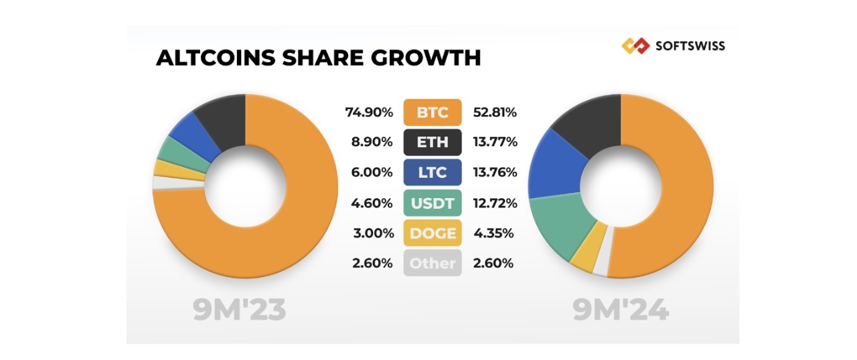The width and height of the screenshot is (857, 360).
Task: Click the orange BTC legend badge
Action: tap(433, 112)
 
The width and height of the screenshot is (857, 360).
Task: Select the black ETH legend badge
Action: tap(433, 143)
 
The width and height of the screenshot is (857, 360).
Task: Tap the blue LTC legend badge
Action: tap(433, 173)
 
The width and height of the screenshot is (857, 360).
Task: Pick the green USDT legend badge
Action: tap(433, 203)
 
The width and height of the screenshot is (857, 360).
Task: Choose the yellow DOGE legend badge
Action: tap(433, 233)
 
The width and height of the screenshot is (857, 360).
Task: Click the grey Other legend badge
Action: tap(433, 263)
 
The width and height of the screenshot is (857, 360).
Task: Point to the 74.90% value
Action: tap(369, 112)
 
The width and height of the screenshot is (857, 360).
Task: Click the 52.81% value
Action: tap(495, 112)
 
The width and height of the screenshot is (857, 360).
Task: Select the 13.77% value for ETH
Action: tap(495, 143)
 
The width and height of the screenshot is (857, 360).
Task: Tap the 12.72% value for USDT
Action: tap(495, 203)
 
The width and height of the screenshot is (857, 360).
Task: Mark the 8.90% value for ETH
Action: tap(372, 143)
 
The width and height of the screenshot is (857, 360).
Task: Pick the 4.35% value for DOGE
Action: tap(493, 233)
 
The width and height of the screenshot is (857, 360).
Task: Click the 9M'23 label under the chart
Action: tap(240, 310)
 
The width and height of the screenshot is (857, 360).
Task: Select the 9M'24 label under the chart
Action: tap(621, 310)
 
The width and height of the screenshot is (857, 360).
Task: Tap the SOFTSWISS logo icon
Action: tap(635, 46)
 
